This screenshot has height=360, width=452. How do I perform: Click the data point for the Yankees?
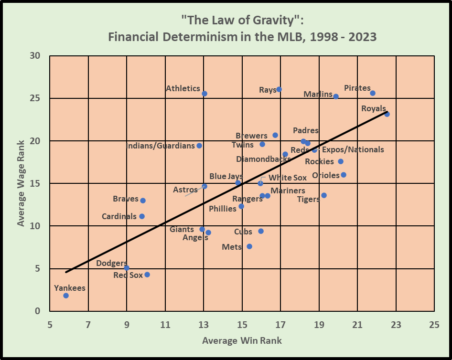tap(66, 296)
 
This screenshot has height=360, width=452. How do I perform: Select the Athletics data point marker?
tap(204, 94)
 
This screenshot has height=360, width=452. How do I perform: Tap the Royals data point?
tap(387, 114)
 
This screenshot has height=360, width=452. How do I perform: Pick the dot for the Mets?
tap(249, 246)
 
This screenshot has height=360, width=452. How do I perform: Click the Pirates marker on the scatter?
tap(373, 93)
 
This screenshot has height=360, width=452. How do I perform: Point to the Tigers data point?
tap(324, 195)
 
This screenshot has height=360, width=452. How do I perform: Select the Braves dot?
tap(143, 201)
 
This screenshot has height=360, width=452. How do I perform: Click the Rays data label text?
tap(267, 90)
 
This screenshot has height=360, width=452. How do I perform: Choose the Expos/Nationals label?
tap(353, 149)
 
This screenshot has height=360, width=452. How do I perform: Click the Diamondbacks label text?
tap(263, 159)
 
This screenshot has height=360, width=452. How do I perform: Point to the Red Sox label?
tap(128, 275)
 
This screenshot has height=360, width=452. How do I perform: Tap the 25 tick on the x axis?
tap(434, 325)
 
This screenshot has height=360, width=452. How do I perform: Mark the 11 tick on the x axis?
tap(165, 325)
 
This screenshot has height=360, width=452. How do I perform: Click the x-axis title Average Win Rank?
tap(242, 340)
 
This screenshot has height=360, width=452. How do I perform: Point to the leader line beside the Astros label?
tap(192, 192)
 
